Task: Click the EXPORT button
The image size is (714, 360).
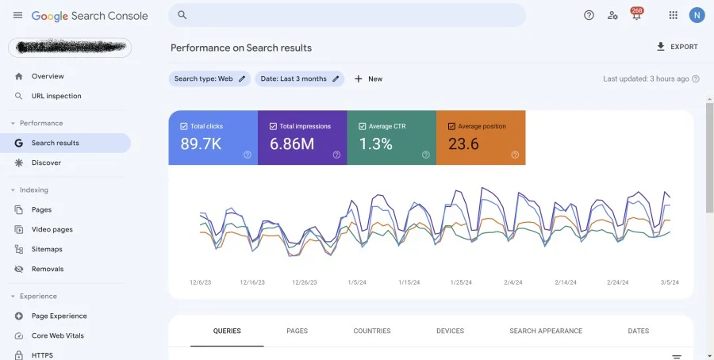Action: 677,47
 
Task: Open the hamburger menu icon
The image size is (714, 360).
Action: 17,15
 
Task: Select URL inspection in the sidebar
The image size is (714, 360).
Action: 56,96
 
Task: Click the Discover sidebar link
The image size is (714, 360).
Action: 46,163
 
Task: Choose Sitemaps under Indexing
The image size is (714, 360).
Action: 47,249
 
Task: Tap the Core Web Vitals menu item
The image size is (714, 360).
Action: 57,335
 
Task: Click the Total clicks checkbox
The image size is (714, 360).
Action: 184,126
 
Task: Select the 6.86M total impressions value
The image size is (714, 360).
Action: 292,144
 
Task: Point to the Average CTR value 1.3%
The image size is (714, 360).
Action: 375,144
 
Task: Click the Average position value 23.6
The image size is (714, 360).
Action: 463,144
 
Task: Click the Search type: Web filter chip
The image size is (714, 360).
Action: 209,79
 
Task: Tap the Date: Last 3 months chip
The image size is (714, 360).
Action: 299,79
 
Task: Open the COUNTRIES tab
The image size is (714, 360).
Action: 371,331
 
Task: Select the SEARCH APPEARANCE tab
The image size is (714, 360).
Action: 545,331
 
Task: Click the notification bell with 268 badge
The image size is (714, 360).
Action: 635,15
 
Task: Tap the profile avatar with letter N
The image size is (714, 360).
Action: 697,15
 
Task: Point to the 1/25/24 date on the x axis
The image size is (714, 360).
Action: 461,282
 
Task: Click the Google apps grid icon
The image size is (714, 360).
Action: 673,15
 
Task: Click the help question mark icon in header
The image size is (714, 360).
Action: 589,15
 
